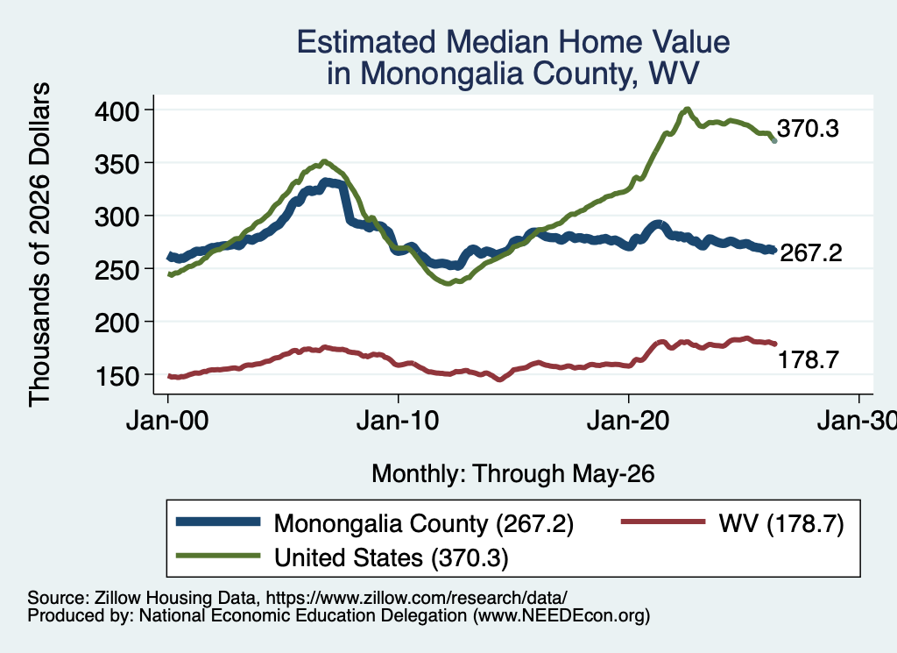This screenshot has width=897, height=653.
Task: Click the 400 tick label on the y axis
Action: point(117,110)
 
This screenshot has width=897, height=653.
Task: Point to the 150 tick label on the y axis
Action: point(117,376)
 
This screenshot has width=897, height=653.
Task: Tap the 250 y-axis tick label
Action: point(117,270)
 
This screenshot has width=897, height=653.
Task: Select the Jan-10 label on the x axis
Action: point(398,422)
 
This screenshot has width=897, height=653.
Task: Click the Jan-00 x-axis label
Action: point(167,422)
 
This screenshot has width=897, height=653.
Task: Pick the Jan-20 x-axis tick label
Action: point(628,422)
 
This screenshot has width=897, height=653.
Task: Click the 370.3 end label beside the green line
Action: point(808,129)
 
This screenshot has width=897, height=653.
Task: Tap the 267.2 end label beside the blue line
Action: point(810,252)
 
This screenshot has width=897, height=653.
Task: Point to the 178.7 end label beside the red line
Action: point(809,360)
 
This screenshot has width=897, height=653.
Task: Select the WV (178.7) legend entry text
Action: point(781,523)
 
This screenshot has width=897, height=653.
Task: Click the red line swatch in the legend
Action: point(663,522)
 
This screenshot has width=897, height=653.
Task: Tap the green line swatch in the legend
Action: point(218,556)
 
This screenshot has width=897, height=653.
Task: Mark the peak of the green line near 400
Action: point(687,109)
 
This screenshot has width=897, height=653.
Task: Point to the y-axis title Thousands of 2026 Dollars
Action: point(39,245)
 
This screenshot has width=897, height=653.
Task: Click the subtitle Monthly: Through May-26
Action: point(513,474)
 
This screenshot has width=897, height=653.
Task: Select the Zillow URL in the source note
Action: point(416,598)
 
